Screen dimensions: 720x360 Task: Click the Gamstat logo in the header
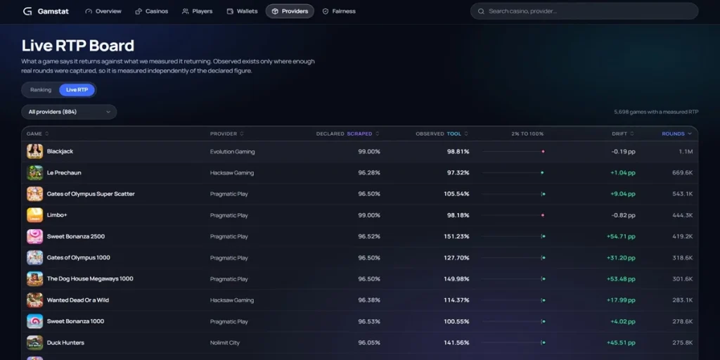tap(46, 11)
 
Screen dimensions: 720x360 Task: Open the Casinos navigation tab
tap(152, 11)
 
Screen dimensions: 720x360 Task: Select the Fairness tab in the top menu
tap(339, 11)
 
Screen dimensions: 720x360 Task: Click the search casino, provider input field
tap(584, 11)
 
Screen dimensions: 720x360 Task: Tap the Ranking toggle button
tap(41, 90)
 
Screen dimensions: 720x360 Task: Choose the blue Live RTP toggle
tap(77, 90)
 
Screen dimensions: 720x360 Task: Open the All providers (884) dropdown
tap(69, 112)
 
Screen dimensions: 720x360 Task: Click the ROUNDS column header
tap(676, 134)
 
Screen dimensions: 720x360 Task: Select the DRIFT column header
tap(623, 134)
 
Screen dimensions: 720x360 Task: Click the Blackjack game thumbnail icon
tap(35, 152)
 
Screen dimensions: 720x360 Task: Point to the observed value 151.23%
tap(456, 236)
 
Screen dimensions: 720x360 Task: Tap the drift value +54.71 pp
tap(621, 236)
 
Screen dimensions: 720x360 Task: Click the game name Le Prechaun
tap(64, 173)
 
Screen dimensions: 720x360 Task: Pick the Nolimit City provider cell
tap(225, 342)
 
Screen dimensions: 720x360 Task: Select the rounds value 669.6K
tap(682, 173)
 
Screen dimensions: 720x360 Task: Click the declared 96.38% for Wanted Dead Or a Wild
tap(369, 300)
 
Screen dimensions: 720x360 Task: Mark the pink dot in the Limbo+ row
tap(543, 215)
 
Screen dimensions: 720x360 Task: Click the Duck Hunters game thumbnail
tap(35, 342)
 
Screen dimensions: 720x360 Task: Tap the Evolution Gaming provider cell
tap(232, 152)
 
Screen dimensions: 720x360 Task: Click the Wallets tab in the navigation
tap(243, 11)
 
